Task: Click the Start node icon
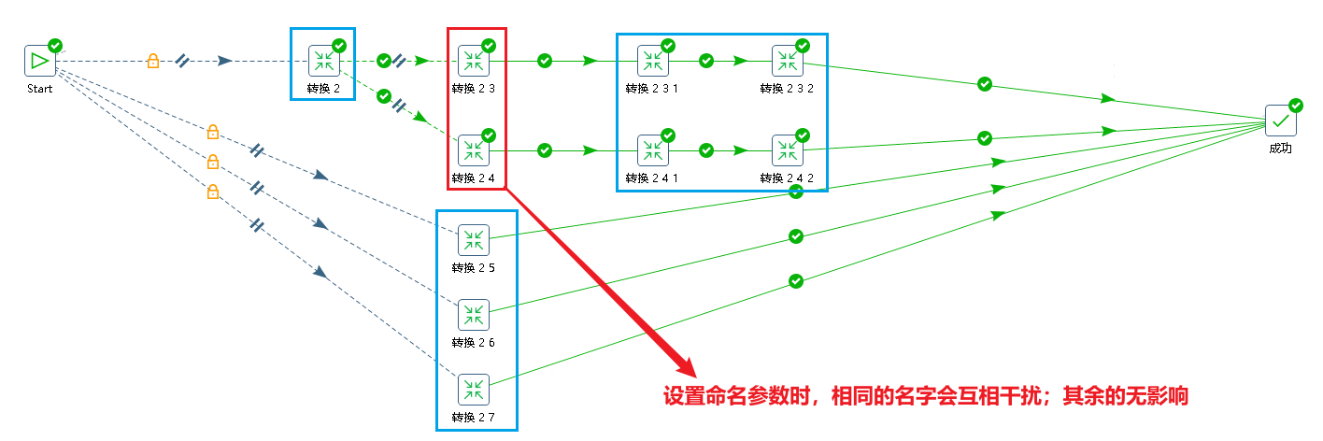click(39, 62)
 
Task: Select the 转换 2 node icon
click(323, 62)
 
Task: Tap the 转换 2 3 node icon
click(473, 62)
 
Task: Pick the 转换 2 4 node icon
click(473, 150)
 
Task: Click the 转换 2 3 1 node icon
click(652, 62)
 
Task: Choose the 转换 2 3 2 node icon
click(787, 62)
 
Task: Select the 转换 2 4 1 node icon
click(652, 150)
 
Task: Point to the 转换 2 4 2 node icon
click(787, 150)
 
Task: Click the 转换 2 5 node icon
click(473, 240)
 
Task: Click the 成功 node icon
click(1280, 120)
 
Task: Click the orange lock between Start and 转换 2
click(152, 61)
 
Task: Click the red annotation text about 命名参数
click(925, 396)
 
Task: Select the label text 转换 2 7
click(473, 417)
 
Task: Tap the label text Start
click(39, 89)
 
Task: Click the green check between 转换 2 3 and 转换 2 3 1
click(545, 61)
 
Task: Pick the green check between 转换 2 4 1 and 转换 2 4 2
click(706, 149)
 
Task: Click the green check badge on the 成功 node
click(1296, 105)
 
